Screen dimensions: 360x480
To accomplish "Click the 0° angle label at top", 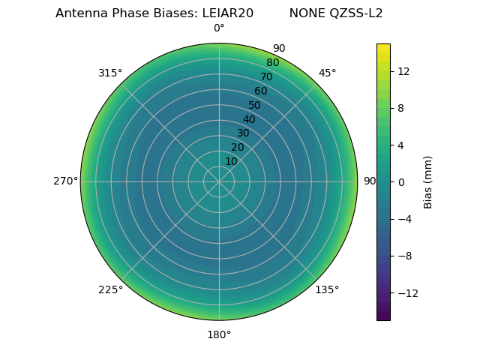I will [x=219, y=28].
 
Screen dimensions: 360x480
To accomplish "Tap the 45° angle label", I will [x=327, y=73].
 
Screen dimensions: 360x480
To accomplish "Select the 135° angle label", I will [x=327, y=289].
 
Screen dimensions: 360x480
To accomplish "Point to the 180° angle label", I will [x=219, y=334].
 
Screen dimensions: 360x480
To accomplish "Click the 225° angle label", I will [x=110, y=289].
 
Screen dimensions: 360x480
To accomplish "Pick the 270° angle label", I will [x=65, y=181].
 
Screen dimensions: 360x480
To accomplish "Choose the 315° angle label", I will [x=110, y=73].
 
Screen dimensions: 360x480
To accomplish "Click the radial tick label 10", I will [x=231, y=161].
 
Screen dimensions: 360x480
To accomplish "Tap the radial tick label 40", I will [x=249, y=119].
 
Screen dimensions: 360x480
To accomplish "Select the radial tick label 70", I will [x=266, y=76].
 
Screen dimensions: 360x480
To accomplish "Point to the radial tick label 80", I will [x=272, y=62].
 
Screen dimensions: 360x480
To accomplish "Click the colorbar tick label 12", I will [x=403, y=71].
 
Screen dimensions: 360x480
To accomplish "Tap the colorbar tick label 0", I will [x=400, y=181].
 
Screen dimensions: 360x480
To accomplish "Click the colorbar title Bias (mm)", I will [x=428, y=181].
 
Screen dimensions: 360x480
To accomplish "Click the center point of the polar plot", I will [x=219, y=181].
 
